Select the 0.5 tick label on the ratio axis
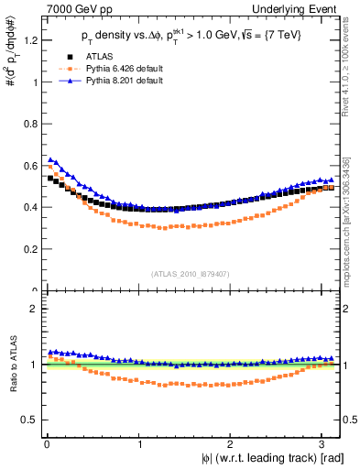pos(28,420)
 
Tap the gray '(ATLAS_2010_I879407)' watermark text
pos(191,272)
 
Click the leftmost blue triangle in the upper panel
pos(50,159)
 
